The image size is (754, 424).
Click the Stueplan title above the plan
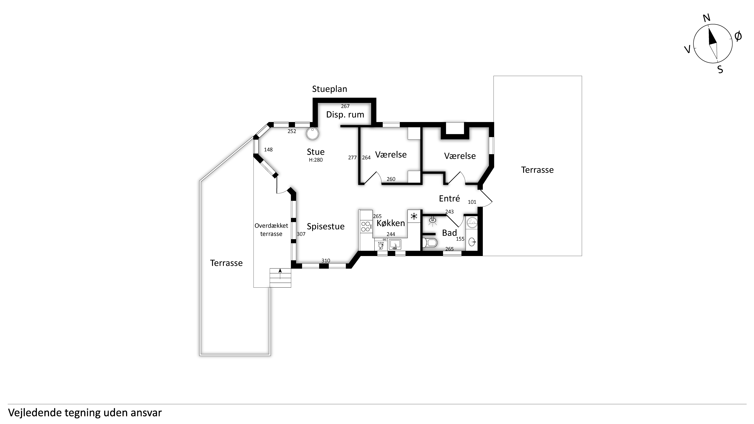pyautogui.click(x=330, y=89)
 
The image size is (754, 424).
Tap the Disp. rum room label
pyautogui.click(x=345, y=115)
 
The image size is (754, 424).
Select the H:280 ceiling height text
pyautogui.click(x=316, y=160)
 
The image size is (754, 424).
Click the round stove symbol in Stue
pyautogui.click(x=312, y=134)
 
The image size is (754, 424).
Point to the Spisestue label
pyautogui.click(x=326, y=226)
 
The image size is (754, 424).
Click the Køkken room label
pyautogui.click(x=391, y=223)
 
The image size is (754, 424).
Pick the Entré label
pyautogui.click(x=450, y=199)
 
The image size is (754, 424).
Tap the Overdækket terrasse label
pyautogui.click(x=271, y=230)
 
